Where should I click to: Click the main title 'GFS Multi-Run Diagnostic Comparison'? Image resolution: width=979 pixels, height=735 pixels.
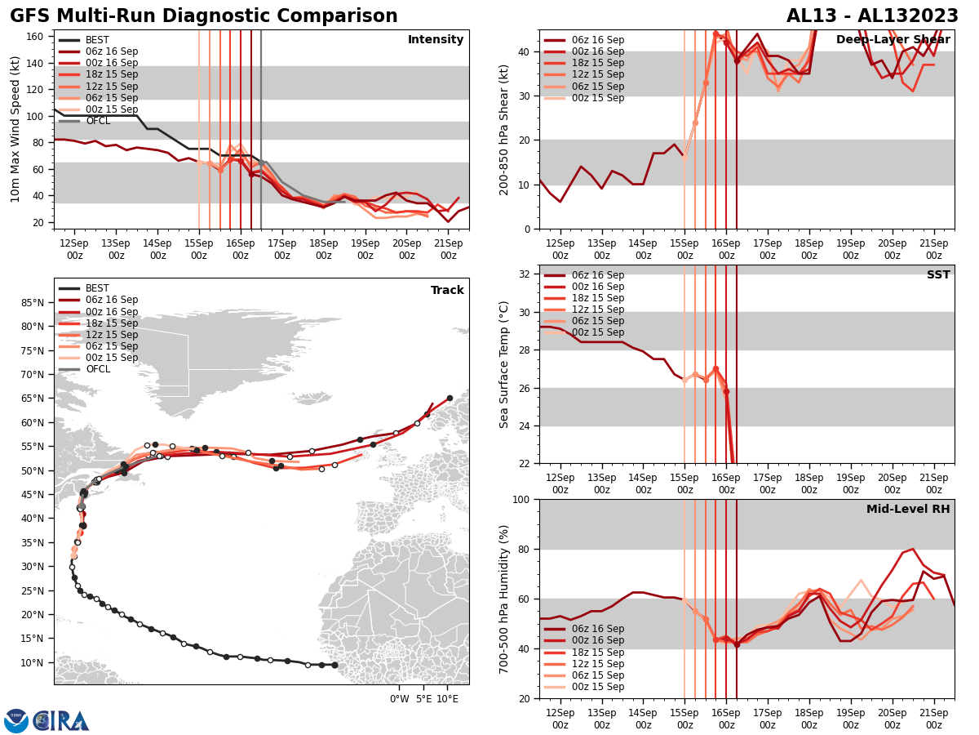(204, 16)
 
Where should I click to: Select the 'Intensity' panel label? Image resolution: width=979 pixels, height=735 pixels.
(436, 40)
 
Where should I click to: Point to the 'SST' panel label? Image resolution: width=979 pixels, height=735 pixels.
(938, 275)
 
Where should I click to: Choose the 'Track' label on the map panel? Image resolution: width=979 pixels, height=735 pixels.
(447, 291)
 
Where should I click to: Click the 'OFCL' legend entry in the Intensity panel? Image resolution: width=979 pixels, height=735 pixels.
(99, 121)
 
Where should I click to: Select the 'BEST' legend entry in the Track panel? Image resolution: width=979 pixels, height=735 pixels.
(97, 288)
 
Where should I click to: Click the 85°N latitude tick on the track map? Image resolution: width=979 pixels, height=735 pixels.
(32, 303)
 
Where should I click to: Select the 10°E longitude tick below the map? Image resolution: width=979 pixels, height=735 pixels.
(446, 698)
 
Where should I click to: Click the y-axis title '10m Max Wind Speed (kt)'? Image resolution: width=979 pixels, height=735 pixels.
(16, 129)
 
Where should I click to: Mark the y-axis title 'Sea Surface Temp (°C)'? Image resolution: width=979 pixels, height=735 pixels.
(504, 364)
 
